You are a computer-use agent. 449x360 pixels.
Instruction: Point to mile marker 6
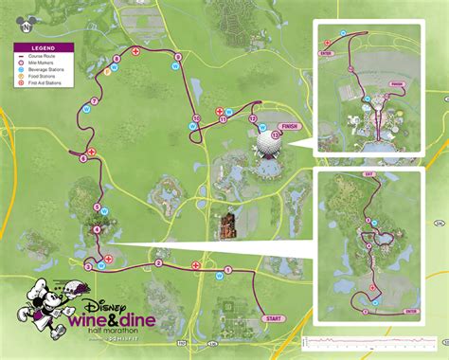[x=83, y=158]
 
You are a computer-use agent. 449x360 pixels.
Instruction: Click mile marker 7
[x=95, y=100]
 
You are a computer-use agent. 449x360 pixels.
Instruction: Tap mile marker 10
[x=196, y=118]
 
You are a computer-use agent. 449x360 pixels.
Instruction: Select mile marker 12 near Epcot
[x=251, y=119]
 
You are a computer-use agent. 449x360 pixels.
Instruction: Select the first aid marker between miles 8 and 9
[x=136, y=50]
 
